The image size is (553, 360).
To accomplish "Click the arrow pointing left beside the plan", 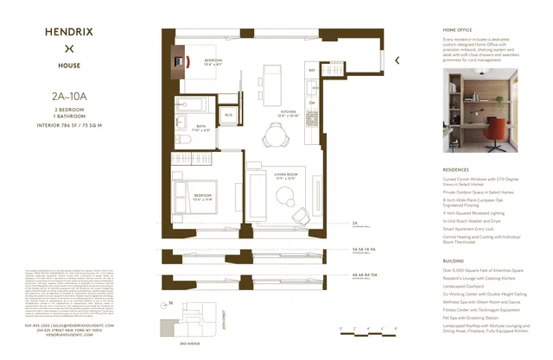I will click(397, 60).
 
